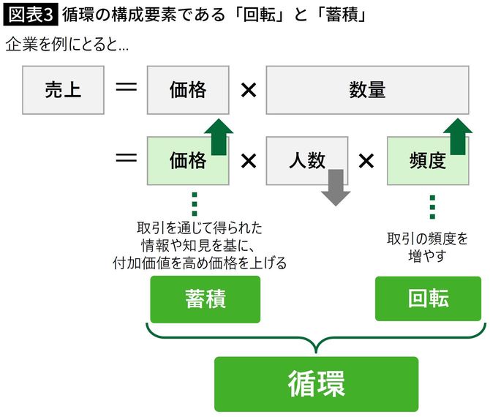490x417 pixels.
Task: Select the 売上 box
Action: pos(63,90)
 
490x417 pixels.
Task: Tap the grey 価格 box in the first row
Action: pos(188,90)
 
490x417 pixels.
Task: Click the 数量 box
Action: pos(367,90)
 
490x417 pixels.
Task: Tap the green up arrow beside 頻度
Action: pos(457,137)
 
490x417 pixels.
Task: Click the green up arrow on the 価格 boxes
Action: pos(217,137)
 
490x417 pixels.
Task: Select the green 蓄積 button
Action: pos(206,298)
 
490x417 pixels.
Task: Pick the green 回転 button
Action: pos(429,298)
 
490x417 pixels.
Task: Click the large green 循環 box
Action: pos(316,383)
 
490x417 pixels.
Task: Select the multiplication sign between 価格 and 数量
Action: pos(248,90)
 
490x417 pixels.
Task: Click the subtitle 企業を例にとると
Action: pos(67,45)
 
